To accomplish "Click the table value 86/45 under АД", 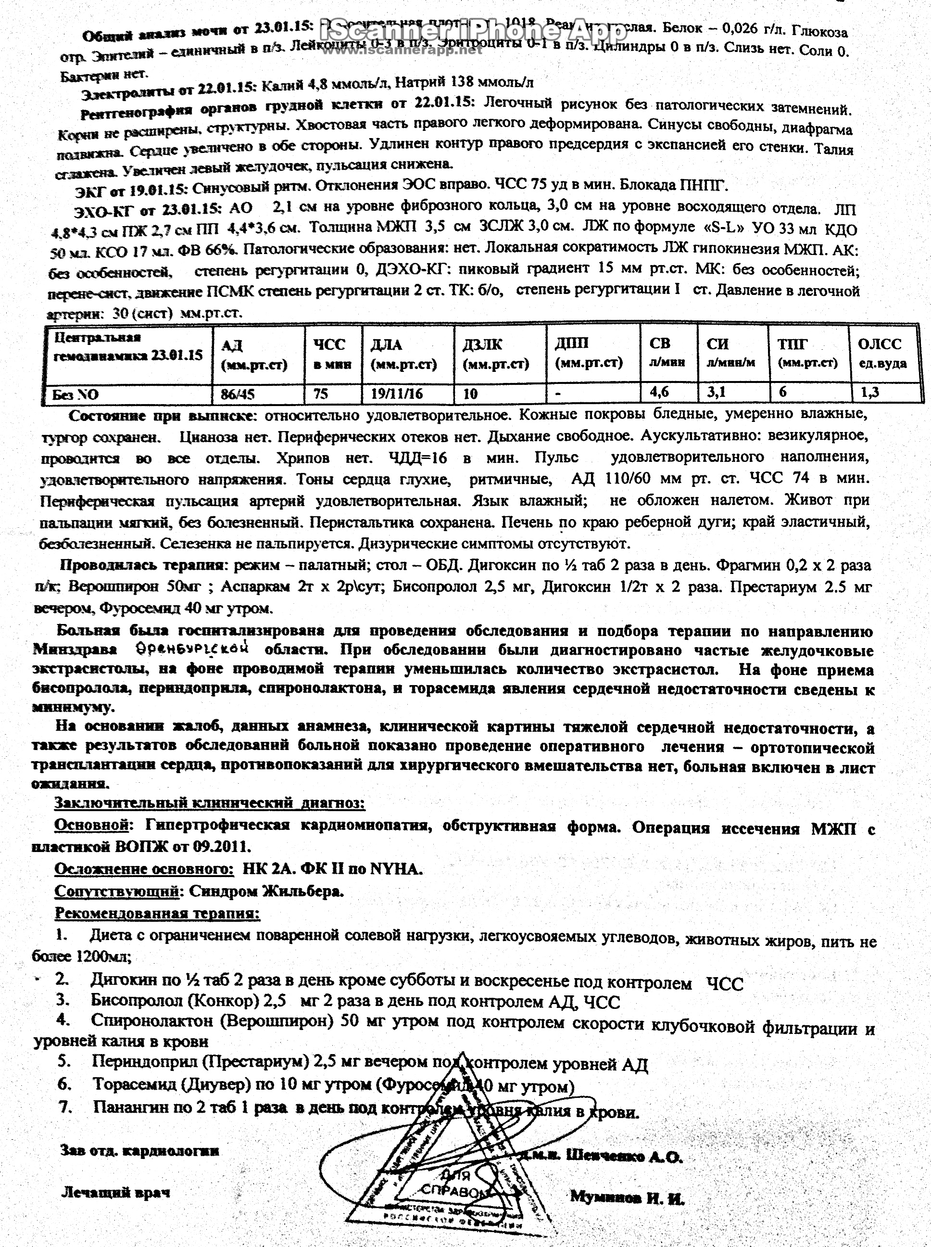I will point(238,394).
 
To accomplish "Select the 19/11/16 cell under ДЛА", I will point(397,393).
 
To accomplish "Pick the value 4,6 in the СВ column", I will point(659,392).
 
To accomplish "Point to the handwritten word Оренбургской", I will point(193,649).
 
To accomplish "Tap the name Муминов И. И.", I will point(627,1197).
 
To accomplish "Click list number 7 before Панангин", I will point(66,1106).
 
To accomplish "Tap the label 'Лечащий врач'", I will point(115,1192).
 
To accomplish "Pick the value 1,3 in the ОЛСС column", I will point(870,392).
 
